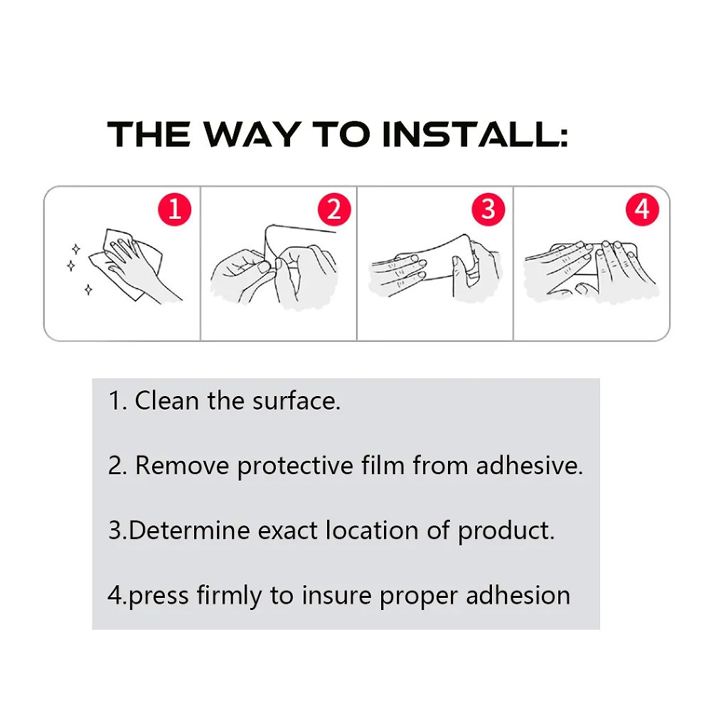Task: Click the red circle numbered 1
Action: (175, 210)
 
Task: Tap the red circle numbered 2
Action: (334, 210)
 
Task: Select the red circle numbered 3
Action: (488, 210)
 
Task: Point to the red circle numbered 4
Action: (642, 210)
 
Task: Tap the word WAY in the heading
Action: (252, 134)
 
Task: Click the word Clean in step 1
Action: (167, 401)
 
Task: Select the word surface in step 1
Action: (296, 401)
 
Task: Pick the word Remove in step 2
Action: (182, 466)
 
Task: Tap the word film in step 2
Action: (383, 466)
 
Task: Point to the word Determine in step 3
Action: (189, 530)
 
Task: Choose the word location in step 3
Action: (372, 530)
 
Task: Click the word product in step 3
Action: (506, 531)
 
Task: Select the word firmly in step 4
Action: (229, 597)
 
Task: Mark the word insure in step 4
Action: (336, 595)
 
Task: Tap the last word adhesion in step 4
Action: (518, 595)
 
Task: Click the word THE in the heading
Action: (149, 134)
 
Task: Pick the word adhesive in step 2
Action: (529, 466)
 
